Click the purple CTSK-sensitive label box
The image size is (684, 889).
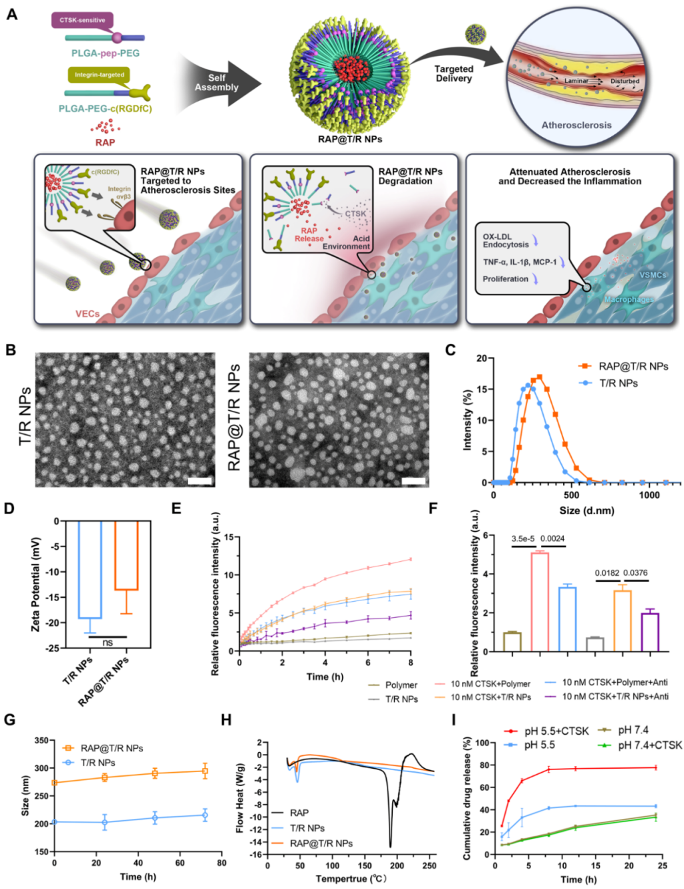(82, 20)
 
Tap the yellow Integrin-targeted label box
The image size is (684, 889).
(98, 75)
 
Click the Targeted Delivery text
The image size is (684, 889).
(454, 73)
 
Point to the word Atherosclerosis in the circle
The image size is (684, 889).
(576, 125)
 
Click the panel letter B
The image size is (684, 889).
(11, 349)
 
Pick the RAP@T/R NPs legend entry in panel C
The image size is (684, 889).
(632, 366)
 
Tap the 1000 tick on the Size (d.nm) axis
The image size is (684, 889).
(649, 495)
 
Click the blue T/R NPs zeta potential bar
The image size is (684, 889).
(90, 570)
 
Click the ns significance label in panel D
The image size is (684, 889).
(108, 643)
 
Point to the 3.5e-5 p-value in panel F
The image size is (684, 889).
(523, 538)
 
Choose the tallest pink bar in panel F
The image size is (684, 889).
(540, 601)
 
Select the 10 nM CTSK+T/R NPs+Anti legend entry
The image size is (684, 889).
(615, 697)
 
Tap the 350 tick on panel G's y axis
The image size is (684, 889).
(41, 741)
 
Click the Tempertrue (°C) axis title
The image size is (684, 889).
(351, 878)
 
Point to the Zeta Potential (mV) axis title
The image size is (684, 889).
(36, 584)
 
